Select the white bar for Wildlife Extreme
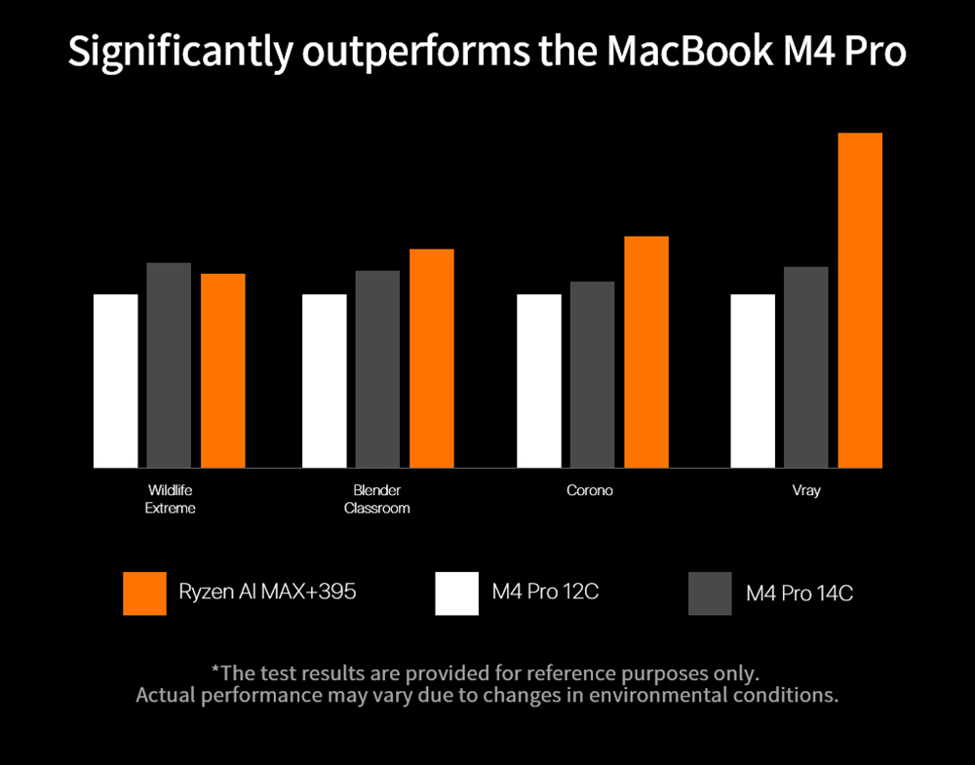(115, 381)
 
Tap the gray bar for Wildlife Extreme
(169, 365)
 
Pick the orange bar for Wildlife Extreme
(222, 370)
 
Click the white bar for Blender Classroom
(325, 381)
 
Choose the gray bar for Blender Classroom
(377, 369)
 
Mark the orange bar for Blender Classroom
(431, 359)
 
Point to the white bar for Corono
(538, 381)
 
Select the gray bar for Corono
(592, 374)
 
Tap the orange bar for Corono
(645, 352)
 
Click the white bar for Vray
(753, 381)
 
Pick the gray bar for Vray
(805, 367)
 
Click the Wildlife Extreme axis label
(170, 499)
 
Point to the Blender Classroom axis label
(377, 499)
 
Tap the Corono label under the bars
(590, 490)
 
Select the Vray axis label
(805, 490)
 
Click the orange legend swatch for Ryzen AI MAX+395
(144, 593)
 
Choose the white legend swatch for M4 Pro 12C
(456, 593)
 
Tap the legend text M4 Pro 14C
(799, 593)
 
